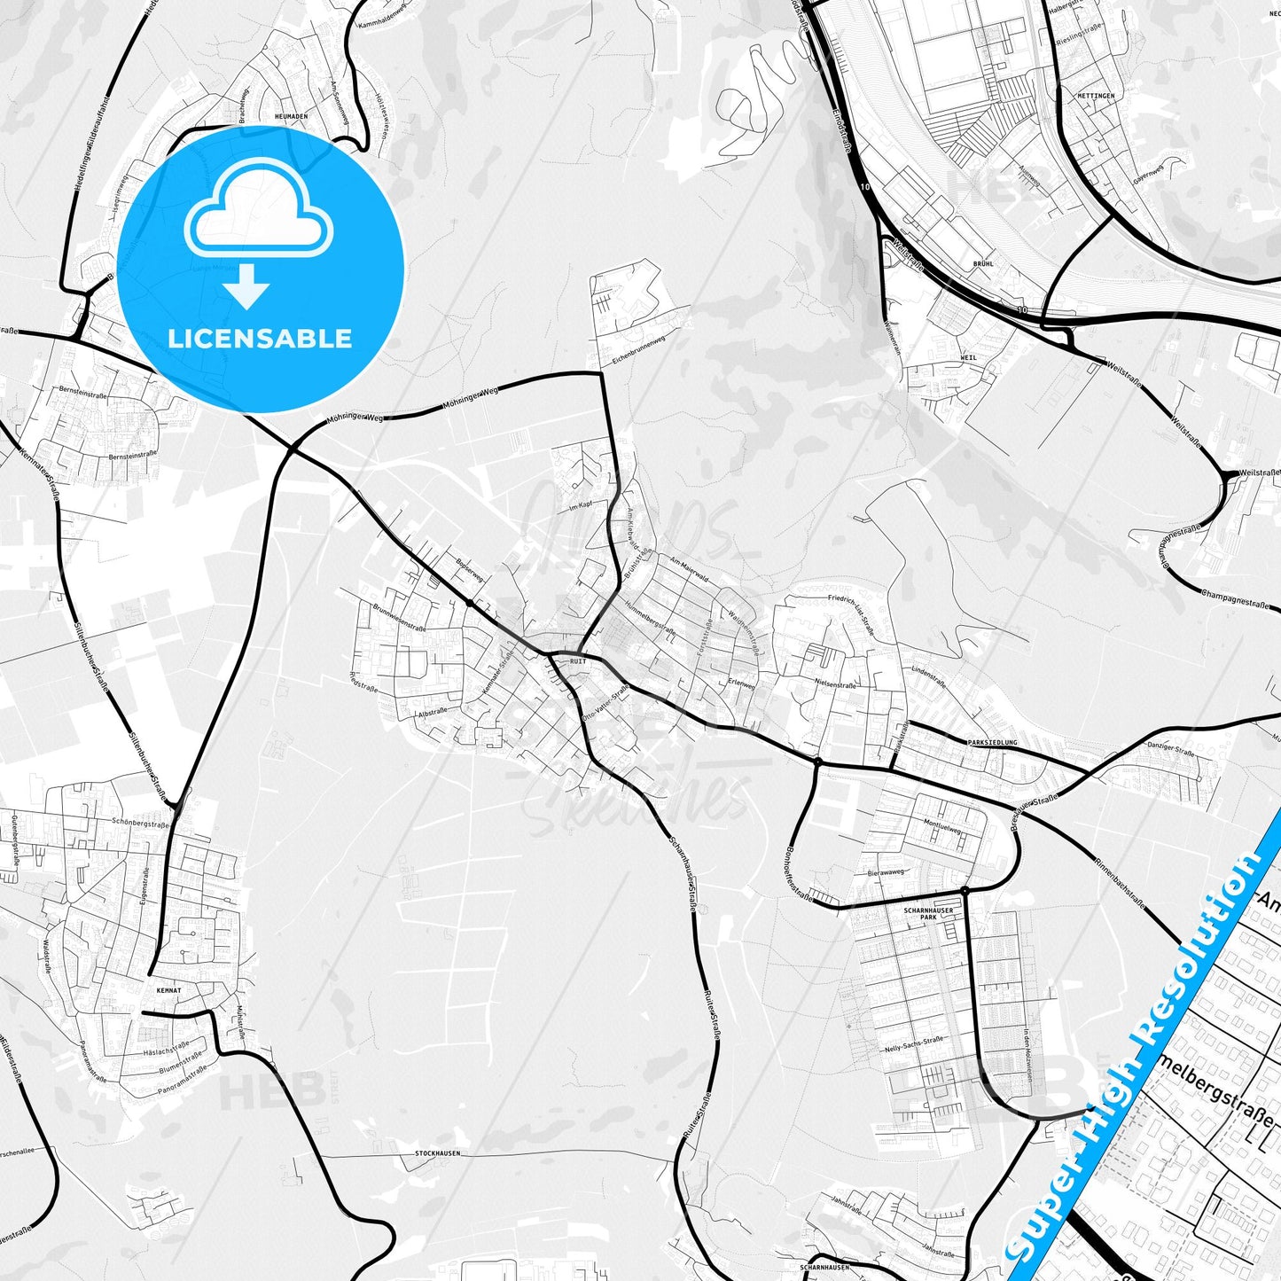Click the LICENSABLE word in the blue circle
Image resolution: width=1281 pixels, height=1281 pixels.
click(x=260, y=338)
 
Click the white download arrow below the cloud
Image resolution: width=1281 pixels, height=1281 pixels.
click(x=246, y=285)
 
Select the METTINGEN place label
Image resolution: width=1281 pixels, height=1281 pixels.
click(x=1097, y=95)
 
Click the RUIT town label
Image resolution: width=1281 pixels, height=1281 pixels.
click(x=579, y=661)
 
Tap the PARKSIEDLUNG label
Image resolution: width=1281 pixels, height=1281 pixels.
click(x=994, y=742)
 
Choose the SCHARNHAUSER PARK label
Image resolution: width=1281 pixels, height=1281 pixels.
click(x=926, y=913)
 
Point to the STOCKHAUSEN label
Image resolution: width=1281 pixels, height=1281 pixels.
click(x=437, y=1153)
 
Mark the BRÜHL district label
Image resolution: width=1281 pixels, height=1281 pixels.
click(x=983, y=263)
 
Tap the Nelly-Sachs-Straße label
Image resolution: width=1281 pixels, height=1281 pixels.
click(x=914, y=1046)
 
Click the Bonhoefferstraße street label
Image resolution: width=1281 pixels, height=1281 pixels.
click(x=799, y=873)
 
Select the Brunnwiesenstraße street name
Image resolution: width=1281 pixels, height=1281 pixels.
click(x=401, y=616)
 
